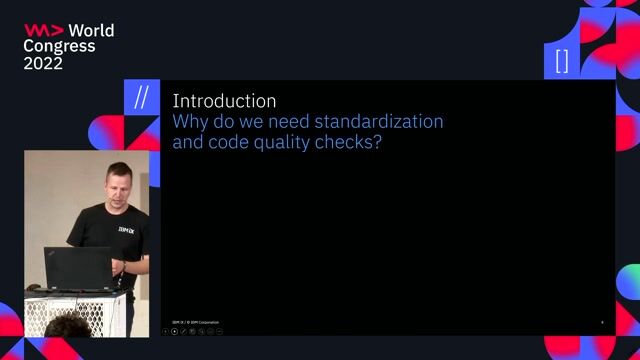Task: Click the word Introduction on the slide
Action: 224,101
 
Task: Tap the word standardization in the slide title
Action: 384,122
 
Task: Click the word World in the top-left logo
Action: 91,31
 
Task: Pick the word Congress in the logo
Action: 59,46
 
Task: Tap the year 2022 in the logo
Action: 43,63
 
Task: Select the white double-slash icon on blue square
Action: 141,98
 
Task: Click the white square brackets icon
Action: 562,61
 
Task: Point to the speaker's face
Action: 111,184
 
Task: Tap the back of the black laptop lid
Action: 77,268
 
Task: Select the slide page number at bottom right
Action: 602,322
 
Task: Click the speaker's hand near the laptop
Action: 119,267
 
